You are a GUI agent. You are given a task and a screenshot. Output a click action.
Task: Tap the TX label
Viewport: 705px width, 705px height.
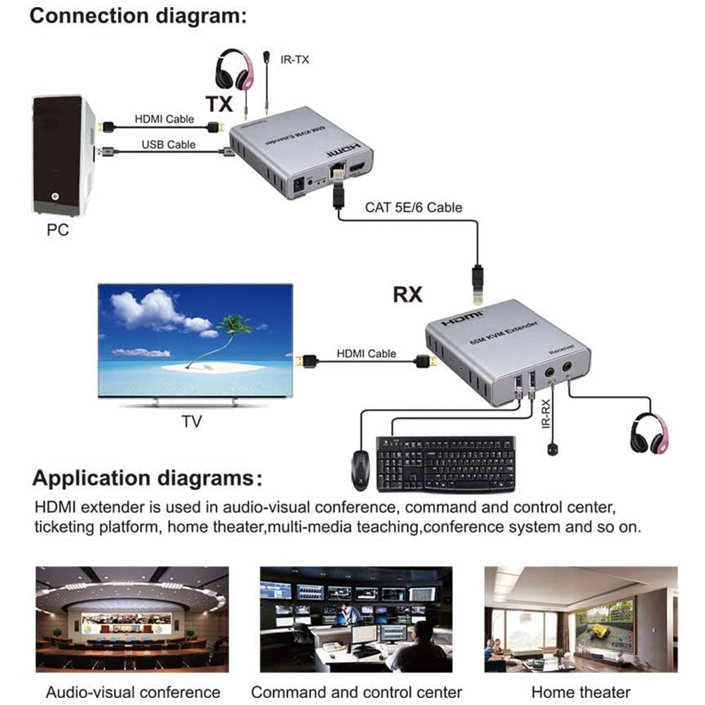pos(219,104)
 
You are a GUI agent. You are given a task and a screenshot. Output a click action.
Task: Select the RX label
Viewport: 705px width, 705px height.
pos(407,294)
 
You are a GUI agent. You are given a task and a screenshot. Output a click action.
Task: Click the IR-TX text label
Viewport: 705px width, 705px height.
pos(294,60)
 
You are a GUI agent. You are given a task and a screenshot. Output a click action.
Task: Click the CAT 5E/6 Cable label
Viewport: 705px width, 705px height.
pos(413,207)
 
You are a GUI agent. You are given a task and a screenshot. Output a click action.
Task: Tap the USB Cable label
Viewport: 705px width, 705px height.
pos(168,145)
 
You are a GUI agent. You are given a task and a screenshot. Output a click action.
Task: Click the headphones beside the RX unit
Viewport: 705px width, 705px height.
pos(648,434)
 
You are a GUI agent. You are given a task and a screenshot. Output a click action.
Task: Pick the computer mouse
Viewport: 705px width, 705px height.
pos(360,469)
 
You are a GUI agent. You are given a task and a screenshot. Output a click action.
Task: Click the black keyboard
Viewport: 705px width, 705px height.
pos(446,463)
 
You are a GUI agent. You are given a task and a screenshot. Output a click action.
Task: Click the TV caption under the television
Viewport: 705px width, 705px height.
pos(191,422)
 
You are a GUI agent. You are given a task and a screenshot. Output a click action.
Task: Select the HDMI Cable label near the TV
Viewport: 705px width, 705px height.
pos(366,353)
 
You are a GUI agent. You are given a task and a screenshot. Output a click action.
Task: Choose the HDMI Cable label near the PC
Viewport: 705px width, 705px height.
pos(164,120)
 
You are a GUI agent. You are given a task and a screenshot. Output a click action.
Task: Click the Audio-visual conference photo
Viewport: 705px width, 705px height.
pos(133,618)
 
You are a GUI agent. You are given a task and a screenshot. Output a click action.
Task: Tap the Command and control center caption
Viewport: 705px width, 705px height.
pos(356,692)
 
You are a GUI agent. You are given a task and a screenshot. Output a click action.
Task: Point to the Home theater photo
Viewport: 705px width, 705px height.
pos(580,618)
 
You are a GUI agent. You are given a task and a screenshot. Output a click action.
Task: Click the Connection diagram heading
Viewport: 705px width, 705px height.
pos(138,16)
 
